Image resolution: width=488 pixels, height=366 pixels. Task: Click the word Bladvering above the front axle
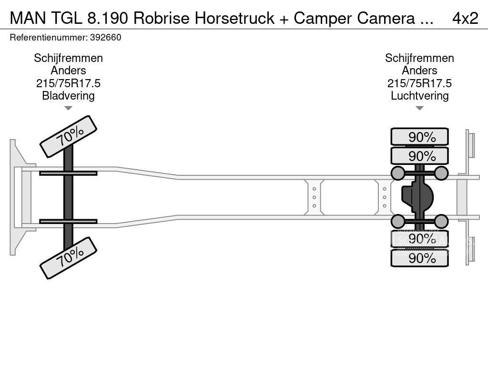coord(68,95)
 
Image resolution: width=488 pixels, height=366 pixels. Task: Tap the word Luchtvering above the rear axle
coord(419,95)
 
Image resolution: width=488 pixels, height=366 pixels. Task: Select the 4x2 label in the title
coord(465,18)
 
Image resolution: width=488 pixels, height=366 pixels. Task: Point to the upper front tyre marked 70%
coord(68,136)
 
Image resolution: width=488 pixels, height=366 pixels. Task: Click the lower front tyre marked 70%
coord(68,258)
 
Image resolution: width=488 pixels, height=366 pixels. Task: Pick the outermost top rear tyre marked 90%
coord(419,137)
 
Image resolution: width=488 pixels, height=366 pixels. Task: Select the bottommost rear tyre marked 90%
coord(419,258)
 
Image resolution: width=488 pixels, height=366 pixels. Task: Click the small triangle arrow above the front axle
coord(68,108)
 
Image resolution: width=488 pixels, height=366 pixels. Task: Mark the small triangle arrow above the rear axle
coord(419,108)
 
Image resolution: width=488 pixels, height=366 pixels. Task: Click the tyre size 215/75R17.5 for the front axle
coord(68,83)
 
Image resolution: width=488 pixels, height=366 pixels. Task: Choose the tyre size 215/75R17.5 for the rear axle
coord(419,83)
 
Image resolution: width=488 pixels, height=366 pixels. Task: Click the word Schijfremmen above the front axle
coord(68,58)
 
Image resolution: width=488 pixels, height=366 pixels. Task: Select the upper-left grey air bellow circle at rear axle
coord(398,173)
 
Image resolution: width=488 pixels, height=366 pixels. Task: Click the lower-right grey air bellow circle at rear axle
coord(441,221)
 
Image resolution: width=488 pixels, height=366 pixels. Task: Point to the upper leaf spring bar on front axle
coord(68,173)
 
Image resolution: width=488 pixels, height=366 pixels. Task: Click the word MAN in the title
coord(27,18)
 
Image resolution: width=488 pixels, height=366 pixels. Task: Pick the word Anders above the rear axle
coord(419,71)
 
